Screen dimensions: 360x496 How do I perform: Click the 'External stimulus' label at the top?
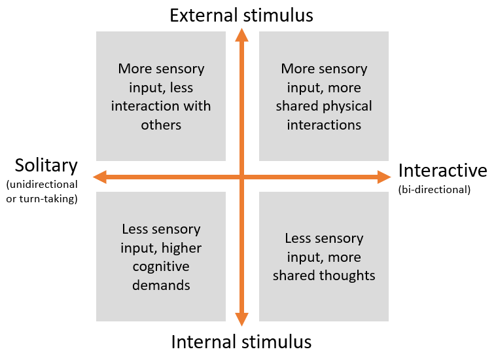241,15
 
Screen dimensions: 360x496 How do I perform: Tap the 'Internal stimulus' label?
241,342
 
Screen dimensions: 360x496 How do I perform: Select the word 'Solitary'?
46,166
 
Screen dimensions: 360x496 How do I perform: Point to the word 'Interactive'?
442,171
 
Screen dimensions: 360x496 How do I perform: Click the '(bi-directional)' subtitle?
434,190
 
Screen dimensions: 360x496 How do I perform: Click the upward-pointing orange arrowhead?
242,36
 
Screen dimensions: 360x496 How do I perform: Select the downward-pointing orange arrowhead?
242,319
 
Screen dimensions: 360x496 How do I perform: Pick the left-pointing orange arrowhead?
100,176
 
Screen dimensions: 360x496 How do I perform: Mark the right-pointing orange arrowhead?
384,176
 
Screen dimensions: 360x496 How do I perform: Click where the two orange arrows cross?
242,176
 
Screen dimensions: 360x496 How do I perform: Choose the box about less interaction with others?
161,96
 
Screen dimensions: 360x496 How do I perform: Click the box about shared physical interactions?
324,96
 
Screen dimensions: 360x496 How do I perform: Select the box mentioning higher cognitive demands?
161,257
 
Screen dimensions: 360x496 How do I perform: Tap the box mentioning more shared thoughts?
324,257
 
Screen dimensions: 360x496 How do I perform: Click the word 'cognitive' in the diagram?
161,267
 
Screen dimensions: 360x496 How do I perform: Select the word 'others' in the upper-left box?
161,125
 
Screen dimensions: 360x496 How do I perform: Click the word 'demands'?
161,285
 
